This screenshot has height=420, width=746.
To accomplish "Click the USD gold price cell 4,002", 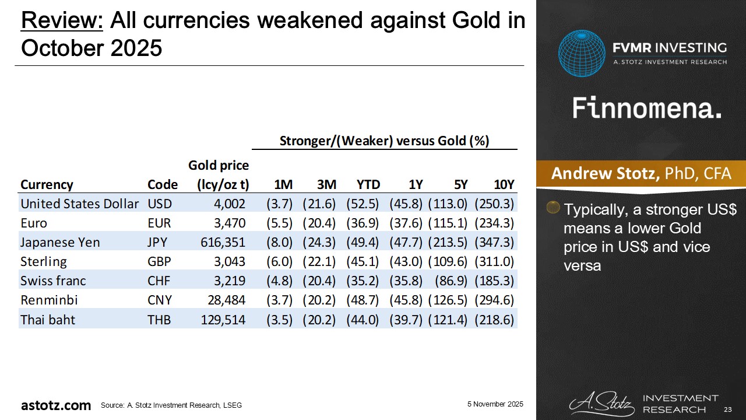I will (230, 204).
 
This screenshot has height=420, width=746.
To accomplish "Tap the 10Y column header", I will (504, 184).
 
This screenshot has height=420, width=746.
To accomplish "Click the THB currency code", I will (160, 320).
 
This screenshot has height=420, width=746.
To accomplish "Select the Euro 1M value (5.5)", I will (283, 223).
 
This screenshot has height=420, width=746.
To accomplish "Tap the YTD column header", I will (368, 184).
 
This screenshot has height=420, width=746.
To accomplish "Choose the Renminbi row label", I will (49, 300).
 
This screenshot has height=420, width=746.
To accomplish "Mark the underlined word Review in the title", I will (62, 22).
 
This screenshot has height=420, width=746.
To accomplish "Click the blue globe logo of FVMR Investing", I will (582, 53).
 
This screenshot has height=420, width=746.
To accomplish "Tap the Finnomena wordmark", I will (647, 108).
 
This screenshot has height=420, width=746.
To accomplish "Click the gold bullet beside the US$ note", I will (554, 208).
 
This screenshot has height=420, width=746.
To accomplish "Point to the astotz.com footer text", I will (56, 405).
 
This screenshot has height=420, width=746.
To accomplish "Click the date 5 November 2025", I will (495, 404).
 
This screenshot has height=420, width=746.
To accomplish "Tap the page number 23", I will (727, 408).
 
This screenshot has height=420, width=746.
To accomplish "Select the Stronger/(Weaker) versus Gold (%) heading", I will (384, 141).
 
